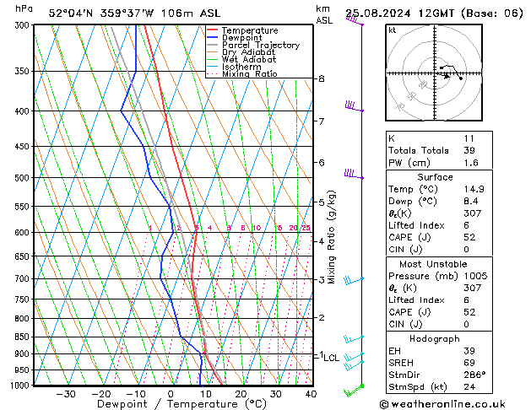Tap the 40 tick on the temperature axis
click(x=311, y=394)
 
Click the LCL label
click(x=332, y=358)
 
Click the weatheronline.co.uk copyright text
click(x=454, y=403)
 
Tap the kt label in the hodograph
click(x=393, y=30)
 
